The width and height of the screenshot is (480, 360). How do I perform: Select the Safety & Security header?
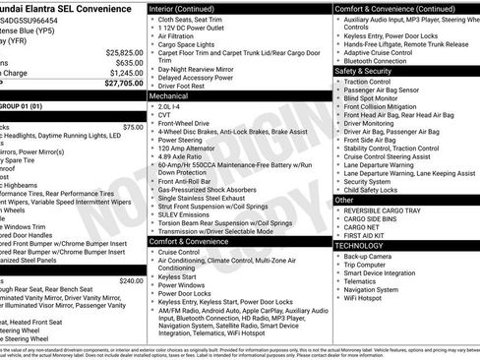(x=365, y=71)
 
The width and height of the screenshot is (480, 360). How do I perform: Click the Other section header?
(x=344, y=200)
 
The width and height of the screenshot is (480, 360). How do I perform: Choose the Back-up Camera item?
(x=369, y=256)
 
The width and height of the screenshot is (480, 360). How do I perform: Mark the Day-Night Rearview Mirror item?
(x=201, y=69)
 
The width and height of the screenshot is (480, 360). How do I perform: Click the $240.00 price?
(x=130, y=280)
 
